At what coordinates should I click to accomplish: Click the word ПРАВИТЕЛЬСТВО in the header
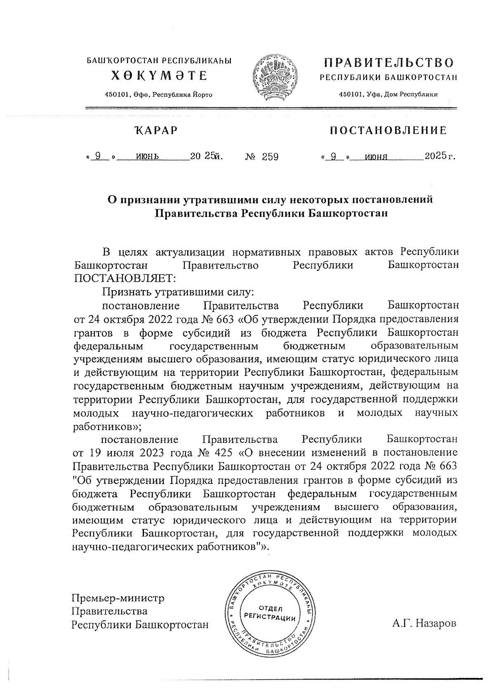pos(389,63)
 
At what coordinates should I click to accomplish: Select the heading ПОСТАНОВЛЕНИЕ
pos(388,131)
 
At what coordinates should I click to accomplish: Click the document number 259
pos(270,157)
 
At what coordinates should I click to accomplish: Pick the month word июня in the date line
pos(375,157)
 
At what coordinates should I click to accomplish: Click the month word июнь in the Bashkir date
pos(142,157)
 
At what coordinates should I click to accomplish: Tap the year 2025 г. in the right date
pos(440,157)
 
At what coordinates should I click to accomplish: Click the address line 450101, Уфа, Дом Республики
pos(388,94)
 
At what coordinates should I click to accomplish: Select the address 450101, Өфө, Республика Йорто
pos(159,95)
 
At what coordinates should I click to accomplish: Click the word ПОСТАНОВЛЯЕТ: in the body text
pos(125,278)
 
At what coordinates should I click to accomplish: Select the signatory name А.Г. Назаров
pos(424,624)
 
